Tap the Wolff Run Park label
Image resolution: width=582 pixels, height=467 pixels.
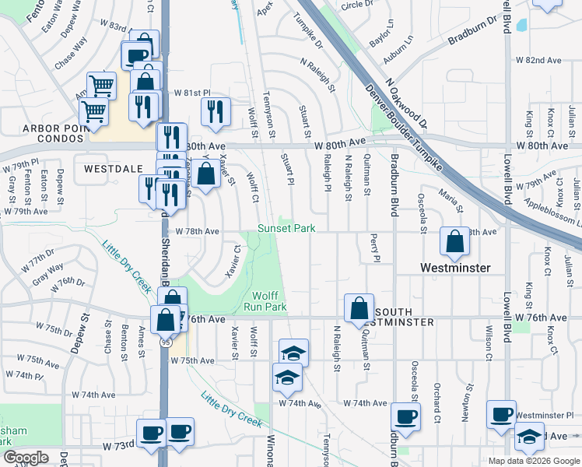[x=270, y=301]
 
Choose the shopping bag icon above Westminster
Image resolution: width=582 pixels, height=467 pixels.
[x=454, y=242]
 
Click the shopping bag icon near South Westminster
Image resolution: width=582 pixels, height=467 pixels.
[x=359, y=307]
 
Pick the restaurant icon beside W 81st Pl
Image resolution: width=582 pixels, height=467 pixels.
[x=216, y=111]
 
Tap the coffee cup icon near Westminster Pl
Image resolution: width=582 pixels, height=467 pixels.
[x=502, y=414]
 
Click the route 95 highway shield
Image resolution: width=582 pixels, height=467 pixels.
[x=167, y=341]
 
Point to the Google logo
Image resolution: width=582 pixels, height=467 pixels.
[x=26, y=458]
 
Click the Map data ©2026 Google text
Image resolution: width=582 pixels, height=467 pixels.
[x=533, y=461]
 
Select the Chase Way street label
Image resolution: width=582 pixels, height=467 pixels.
[x=65, y=55]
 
